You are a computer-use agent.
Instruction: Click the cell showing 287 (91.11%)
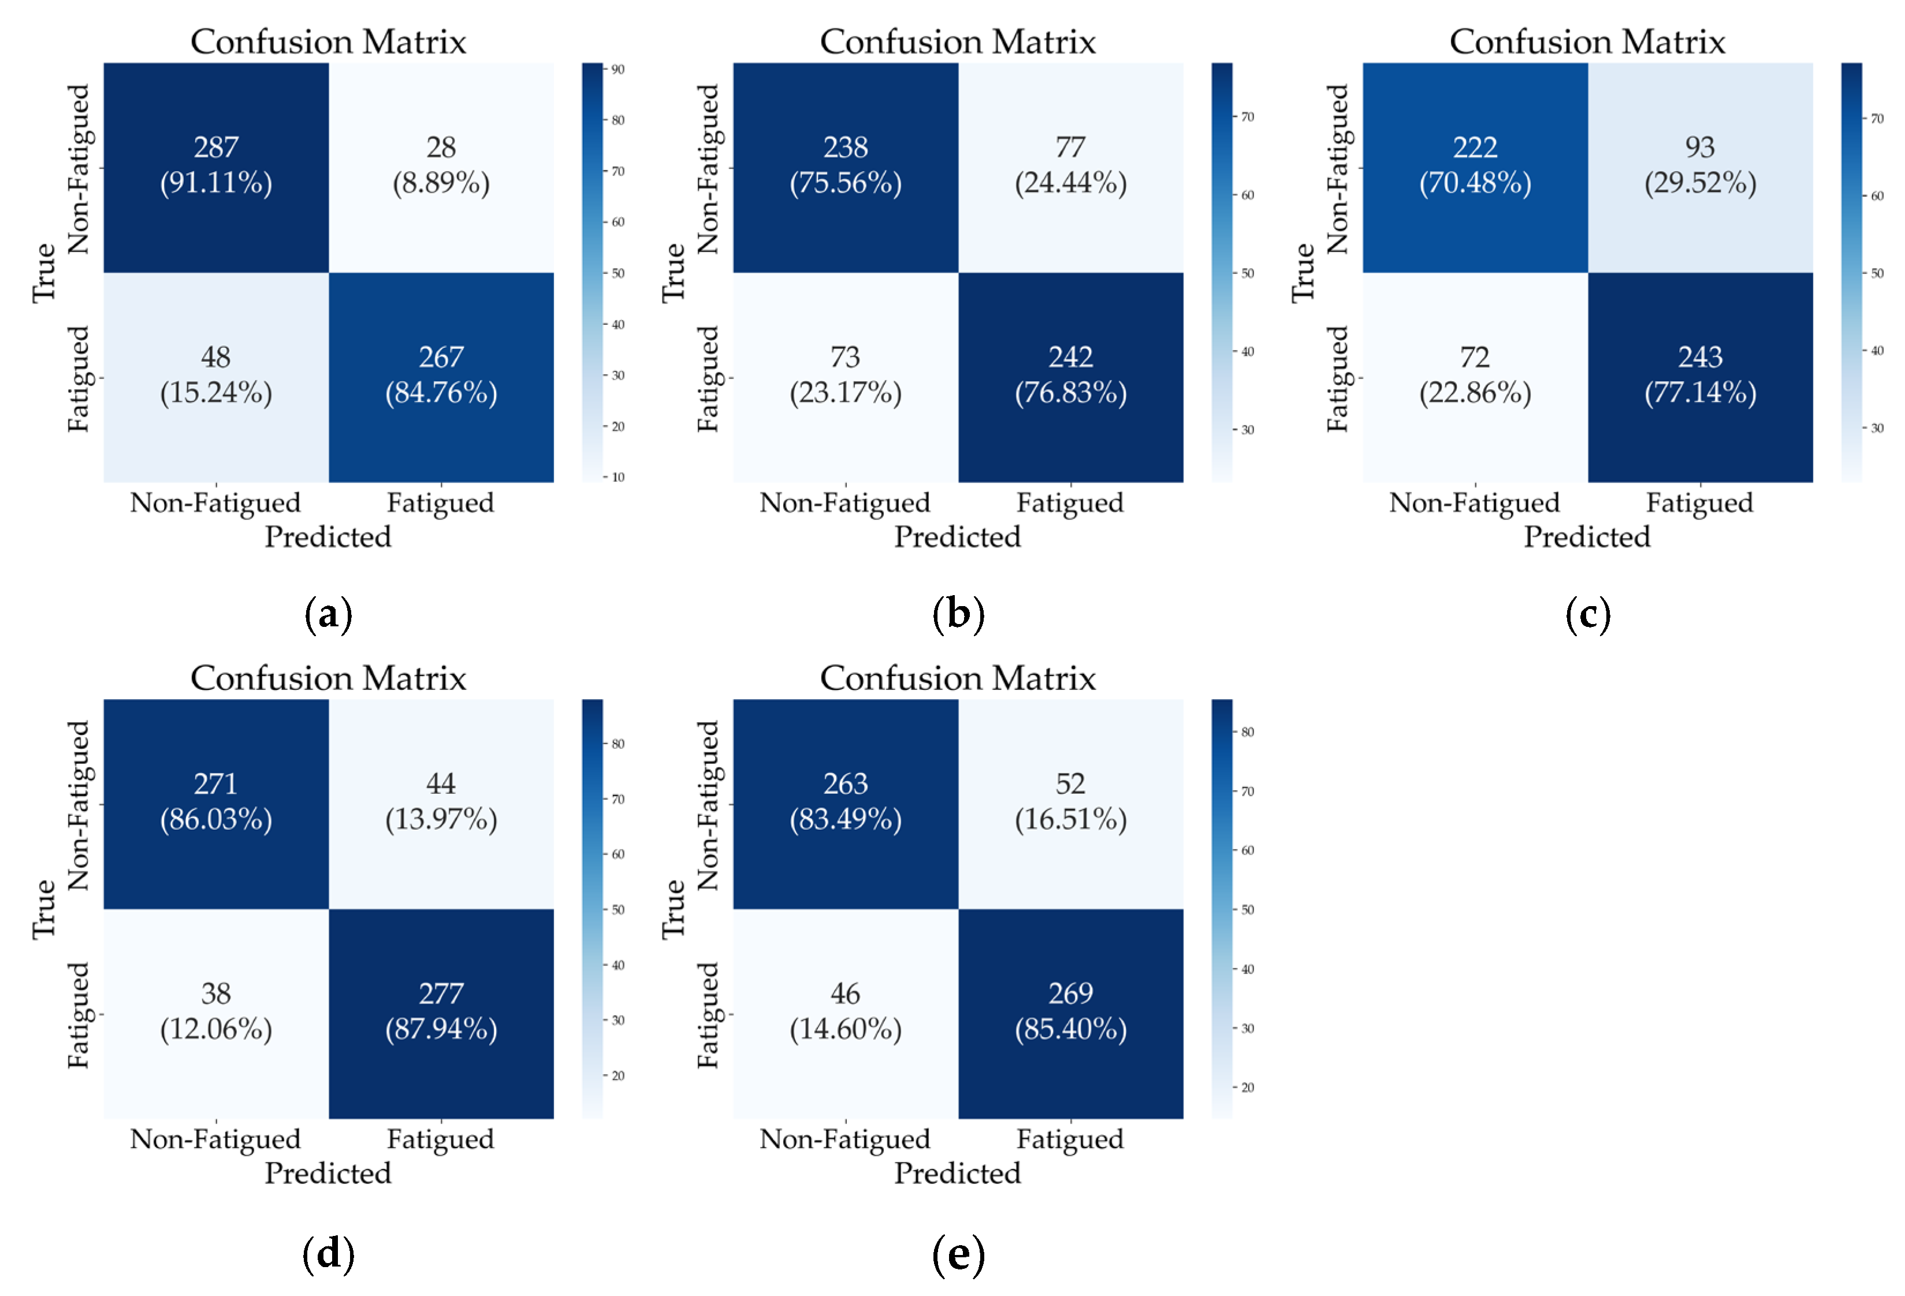click(x=215, y=166)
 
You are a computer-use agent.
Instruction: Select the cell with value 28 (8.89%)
click(x=441, y=166)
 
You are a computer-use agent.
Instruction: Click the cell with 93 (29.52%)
click(x=1700, y=166)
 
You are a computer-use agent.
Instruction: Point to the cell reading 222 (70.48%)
click(x=1475, y=166)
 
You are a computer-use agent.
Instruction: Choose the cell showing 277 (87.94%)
click(x=441, y=1013)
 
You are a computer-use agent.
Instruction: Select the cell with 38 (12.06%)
click(x=215, y=1013)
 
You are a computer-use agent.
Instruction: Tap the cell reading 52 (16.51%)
click(x=1070, y=803)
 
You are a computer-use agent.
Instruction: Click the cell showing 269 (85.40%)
click(x=1070, y=1013)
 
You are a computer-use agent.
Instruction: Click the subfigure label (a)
click(x=328, y=615)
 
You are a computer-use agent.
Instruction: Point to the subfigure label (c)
click(x=1588, y=615)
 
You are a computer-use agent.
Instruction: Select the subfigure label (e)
click(x=958, y=1254)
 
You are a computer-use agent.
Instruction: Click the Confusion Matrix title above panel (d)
click(x=328, y=679)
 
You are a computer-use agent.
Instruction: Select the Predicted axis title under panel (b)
click(x=958, y=537)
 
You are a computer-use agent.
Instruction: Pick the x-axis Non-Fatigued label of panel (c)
click(x=1474, y=503)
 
